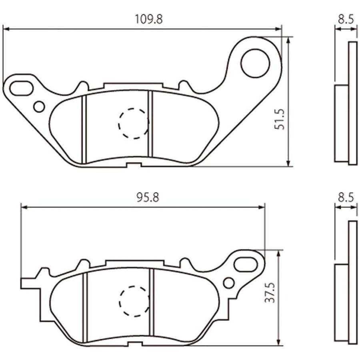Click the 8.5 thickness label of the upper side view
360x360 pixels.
[346, 19]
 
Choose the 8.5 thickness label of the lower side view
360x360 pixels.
[346, 198]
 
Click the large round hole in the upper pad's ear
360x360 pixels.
[255, 63]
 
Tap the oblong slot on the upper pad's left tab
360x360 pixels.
[22, 88]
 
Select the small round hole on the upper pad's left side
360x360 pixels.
[39, 106]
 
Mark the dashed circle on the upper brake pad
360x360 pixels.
[134, 124]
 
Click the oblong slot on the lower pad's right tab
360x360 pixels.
[245, 264]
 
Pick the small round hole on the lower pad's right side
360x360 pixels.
[228, 283]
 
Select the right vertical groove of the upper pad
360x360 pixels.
[151, 124]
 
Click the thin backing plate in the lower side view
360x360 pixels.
[352, 282]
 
